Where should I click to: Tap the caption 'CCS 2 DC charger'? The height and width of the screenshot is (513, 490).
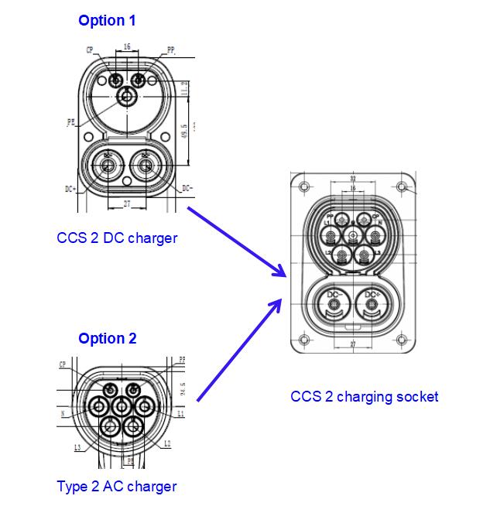click(x=117, y=238)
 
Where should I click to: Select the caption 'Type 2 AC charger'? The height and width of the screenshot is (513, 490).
click(x=117, y=487)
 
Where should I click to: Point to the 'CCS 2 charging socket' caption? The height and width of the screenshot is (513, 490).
click(x=364, y=397)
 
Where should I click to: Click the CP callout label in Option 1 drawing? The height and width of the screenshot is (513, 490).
click(x=90, y=51)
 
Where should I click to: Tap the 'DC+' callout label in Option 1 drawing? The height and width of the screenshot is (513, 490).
click(x=70, y=187)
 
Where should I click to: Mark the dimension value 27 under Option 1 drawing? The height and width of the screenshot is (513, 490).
click(x=127, y=204)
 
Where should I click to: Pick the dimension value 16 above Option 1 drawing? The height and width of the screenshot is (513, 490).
click(x=127, y=46)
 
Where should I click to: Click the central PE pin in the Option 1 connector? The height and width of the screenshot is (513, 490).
click(x=126, y=97)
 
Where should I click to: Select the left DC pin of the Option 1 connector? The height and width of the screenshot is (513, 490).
click(x=108, y=164)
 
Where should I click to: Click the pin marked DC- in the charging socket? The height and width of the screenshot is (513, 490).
click(x=334, y=303)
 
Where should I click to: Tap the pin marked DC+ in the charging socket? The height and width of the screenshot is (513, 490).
click(x=372, y=303)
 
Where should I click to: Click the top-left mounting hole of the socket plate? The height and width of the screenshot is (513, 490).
click(x=304, y=186)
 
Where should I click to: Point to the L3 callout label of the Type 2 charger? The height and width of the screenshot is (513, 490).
click(x=77, y=447)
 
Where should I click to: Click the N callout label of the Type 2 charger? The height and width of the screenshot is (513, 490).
click(x=61, y=413)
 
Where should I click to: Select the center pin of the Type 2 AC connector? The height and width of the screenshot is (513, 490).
click(x=122, y=405)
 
